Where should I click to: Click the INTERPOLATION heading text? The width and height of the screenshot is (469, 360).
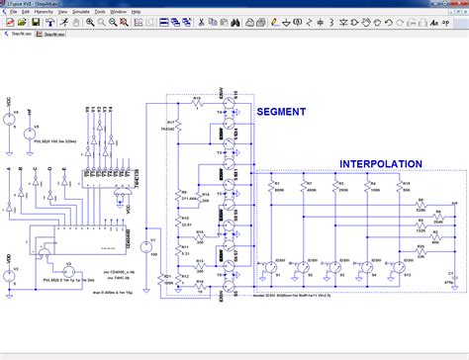point(381,164)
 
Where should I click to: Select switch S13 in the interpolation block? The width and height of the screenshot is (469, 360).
point(404,267)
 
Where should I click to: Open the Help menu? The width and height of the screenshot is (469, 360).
point(136,11)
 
